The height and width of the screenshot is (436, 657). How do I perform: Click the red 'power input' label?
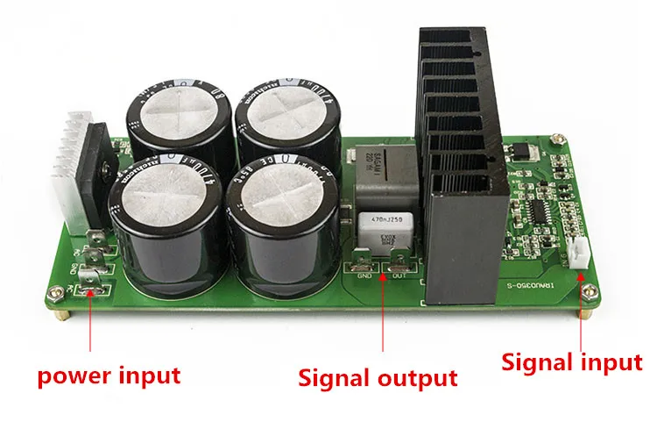point(109,376)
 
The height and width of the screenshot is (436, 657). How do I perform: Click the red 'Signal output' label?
point(378,378)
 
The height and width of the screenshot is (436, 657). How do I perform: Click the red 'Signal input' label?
point(570,361)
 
